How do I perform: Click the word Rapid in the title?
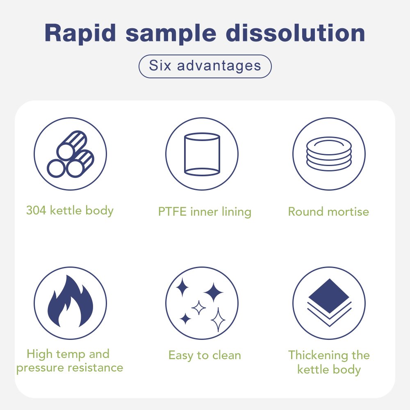click(80, 33)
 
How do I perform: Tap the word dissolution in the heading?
click(295, 33)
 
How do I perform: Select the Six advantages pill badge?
click(205, 66)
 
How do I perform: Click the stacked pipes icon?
click(71, 154)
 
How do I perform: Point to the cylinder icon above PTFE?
click(202, 154)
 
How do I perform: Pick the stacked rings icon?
click(329, 154)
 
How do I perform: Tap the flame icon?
click(71, 301)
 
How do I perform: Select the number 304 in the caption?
click(36, 210)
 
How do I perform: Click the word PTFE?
click(172, 212)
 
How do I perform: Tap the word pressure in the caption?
click(40, 368)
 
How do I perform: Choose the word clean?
click(226, 355)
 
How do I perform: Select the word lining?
click(237, 212)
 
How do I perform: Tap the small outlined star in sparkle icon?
click(199, 308)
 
